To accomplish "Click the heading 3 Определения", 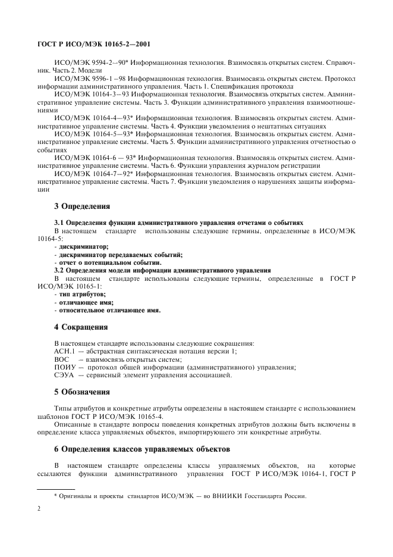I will coord(82,206).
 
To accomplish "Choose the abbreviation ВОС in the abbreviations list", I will coord(62,359).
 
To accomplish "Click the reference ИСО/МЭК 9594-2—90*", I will coord(89,62).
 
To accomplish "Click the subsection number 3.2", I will coord(60,270).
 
